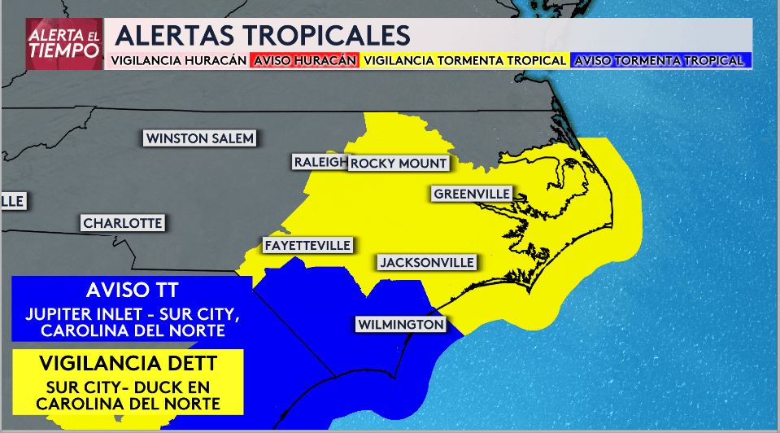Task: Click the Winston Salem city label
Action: pyautogui.click(x=199, y=138)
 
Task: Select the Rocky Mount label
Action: pyautogui.click(x=399, y=163)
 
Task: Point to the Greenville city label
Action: pyautogui.click(x=472, y=194)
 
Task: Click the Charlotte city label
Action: pyautogui.click(x=123, y=223)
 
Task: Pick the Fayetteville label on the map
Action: pyautogui.click(x=307, y=245)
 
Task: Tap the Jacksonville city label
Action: pyautogui.click(x=426, y=263)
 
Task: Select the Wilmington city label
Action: pyautogui.click(x=401, y=325)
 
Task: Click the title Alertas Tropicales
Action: pyautogui.click(x=262, y=36)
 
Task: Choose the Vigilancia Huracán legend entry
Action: pyautogui.click(x=178, y=60)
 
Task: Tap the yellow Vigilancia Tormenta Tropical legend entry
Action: pyautogui.click(x=464, y=60)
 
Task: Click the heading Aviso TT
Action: pyautogui.click(x=132, y=291)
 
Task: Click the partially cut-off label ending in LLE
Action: pyautogui.click(x=13, y=201)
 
